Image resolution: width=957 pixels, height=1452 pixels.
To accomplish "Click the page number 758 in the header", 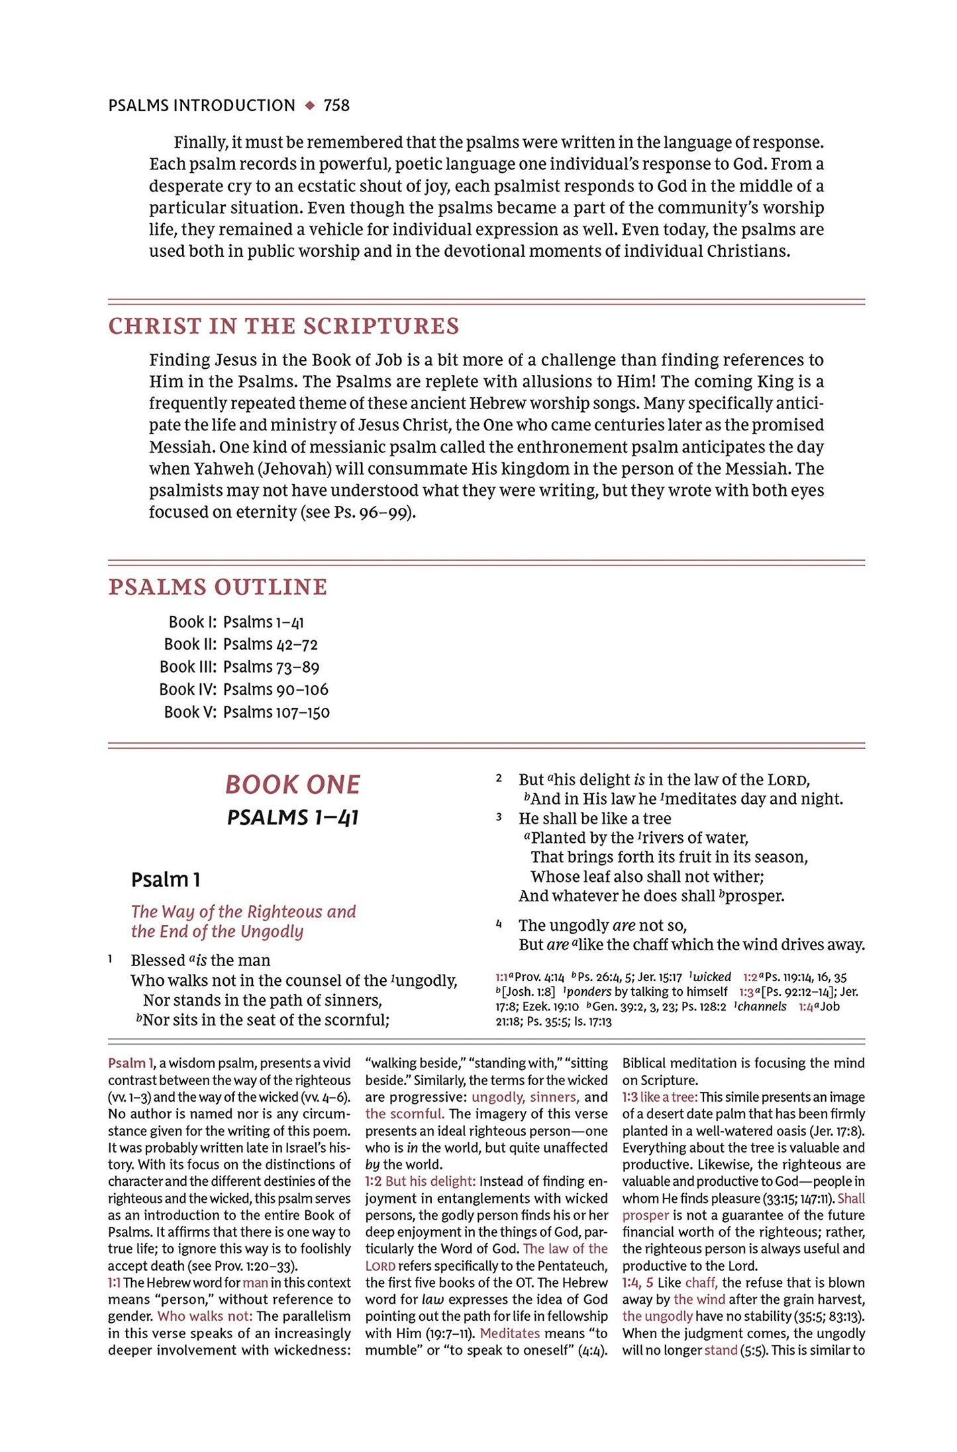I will [336, 105].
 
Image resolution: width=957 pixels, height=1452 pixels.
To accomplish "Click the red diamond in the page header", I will [309, 105].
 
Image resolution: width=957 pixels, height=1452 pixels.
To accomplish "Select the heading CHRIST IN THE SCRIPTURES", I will [283, 326].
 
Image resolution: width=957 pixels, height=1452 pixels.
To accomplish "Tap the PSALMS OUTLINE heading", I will [218, 587].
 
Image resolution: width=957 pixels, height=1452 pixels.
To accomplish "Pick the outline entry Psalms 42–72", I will [270, 644].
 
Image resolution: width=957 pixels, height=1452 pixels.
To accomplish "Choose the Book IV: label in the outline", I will [187, 689].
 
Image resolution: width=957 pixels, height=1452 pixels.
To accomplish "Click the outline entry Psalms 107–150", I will [276, 712].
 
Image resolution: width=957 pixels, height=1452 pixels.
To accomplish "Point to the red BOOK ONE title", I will [293, 785].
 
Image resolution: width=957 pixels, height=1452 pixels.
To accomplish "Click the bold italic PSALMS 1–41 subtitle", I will [293, 818].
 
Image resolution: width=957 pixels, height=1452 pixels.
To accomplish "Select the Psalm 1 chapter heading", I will [166, 880].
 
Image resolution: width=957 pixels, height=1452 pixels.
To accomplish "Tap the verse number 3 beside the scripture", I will [499, 817].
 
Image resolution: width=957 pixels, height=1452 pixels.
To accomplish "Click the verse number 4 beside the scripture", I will [499, 924].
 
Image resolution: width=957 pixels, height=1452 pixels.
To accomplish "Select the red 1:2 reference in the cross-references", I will [750, 977].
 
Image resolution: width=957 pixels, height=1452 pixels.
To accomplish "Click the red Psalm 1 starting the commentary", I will [130, 1063].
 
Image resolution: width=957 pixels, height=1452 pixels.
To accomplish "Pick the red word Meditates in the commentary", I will [510, 1333].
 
